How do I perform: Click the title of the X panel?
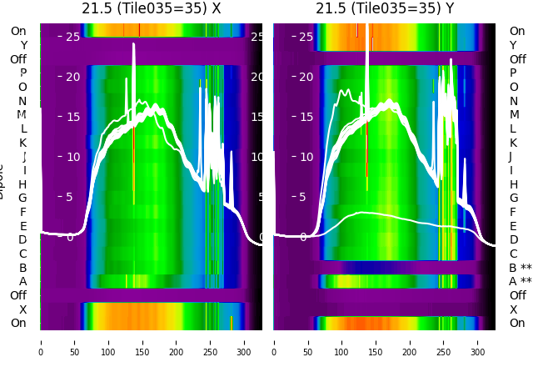(152, 8)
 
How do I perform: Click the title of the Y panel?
(385, 8)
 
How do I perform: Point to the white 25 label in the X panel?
(73, 37)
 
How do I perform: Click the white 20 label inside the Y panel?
(306, 77)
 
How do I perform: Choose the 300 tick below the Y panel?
(479, 342)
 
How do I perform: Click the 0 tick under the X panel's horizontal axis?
(41, 342)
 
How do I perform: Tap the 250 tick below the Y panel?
(445, 342)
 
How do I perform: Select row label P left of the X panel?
(22, 73)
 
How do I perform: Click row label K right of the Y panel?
(513, 143)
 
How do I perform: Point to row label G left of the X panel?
(22, 198)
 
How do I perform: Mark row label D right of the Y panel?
(513, 240)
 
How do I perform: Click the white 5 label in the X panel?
(70, 198)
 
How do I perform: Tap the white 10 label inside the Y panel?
(306, 157)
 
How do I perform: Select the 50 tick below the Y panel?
(308, 342)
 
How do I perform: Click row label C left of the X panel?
(22, 254)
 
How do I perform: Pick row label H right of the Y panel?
(513, 184)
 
